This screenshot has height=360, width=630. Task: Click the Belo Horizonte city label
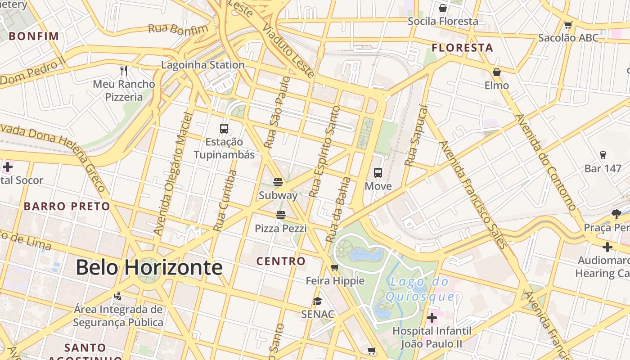coord(149,268)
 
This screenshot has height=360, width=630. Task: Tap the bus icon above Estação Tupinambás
coord(224,129)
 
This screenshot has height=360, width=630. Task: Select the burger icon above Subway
coord(278,182)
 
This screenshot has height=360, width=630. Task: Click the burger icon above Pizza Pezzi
coord(281,215)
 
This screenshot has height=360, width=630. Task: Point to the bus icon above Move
coord(378,173)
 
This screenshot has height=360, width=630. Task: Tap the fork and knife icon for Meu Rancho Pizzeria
coord(124,71)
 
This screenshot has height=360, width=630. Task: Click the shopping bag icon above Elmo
coord(497,72)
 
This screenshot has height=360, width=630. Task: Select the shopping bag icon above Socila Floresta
coord(443,8)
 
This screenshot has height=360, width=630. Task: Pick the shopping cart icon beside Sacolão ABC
coord(568,25)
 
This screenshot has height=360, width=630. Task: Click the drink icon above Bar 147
coord(603,155)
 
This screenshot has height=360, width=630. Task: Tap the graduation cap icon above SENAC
coord(318,301)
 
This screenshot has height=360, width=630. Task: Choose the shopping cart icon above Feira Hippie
coord(334,268)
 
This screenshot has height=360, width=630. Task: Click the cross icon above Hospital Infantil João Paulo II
coord(432,318)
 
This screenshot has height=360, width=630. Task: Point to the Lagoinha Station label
coord(203,65)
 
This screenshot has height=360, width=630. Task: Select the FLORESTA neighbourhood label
coord(462,48)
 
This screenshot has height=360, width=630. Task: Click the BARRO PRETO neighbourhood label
coord(67,207)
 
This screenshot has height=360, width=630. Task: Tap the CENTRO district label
coord(281,261)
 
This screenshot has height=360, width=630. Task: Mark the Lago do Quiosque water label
coord(420,289)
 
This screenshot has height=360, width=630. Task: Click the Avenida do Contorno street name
coord(545,162)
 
